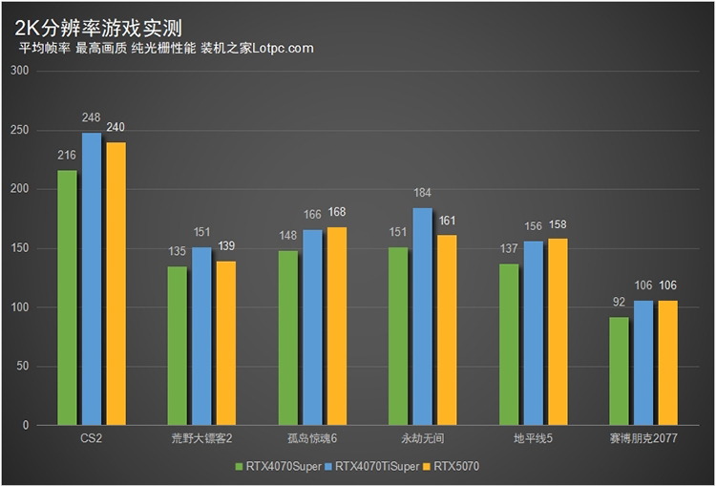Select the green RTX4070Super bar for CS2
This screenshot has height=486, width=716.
click(67, 297)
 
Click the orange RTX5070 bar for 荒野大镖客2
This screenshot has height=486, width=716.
click(226, 343)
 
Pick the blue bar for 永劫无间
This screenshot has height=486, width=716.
click(423, 316)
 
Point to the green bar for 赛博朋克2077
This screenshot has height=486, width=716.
click(619, 370)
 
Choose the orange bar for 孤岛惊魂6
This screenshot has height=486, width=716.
click(337, 326)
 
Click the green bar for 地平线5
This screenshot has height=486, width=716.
click(509, 344)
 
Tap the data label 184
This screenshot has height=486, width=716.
click(423, 193)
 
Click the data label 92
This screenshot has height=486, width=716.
click(619, 303)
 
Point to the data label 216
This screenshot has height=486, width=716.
click(67, 156)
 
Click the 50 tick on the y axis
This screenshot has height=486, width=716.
click(23, 367)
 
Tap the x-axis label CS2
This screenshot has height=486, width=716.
click(92, 438)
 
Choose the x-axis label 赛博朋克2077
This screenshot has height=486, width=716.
click(643, 438)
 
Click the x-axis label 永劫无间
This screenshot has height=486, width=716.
click(423, 438)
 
